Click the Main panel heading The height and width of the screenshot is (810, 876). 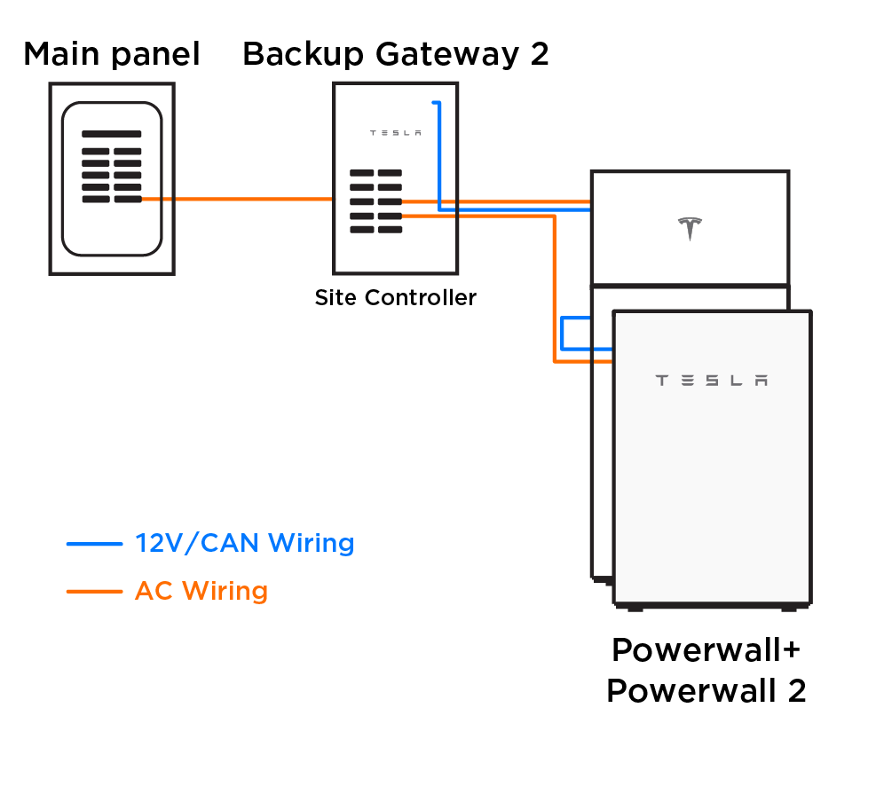(112, 54)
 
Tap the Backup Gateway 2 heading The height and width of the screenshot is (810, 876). (396, 55)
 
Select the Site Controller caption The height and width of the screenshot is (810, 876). (396, 298)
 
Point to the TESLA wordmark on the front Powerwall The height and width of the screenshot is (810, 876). (711, 381)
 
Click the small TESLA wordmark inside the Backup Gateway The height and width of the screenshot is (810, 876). (396, 133)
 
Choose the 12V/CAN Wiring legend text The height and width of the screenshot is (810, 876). (245, 543)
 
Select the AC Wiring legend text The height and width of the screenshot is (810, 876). (201, 591)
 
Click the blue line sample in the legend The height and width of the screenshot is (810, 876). (94, 544)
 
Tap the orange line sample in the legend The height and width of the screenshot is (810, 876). (94, 592)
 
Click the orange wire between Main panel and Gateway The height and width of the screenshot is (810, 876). (238, 199)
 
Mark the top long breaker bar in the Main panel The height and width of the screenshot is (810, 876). (112, 134)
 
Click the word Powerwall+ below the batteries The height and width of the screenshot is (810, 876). (706, 650)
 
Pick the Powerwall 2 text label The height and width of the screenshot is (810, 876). (706, 691)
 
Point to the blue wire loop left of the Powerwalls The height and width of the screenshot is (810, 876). (562, 334)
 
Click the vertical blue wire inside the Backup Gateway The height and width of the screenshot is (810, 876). (439, 156)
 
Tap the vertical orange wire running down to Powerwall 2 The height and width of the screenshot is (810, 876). (554, 289)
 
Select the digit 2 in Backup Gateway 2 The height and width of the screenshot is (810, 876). (540, 55)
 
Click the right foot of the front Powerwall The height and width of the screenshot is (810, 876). (789, 609)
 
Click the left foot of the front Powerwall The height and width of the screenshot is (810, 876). (635, 609)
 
